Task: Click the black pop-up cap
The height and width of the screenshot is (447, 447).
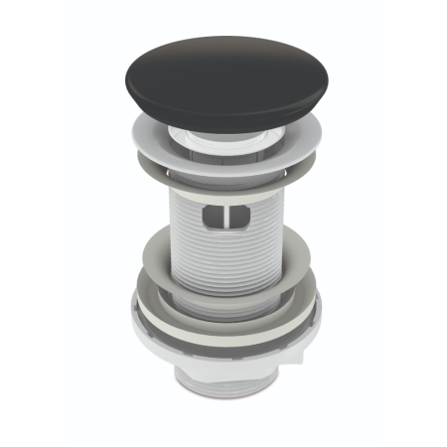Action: [x=223, y=79]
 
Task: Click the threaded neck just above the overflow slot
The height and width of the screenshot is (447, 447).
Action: [x=223, y=195]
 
